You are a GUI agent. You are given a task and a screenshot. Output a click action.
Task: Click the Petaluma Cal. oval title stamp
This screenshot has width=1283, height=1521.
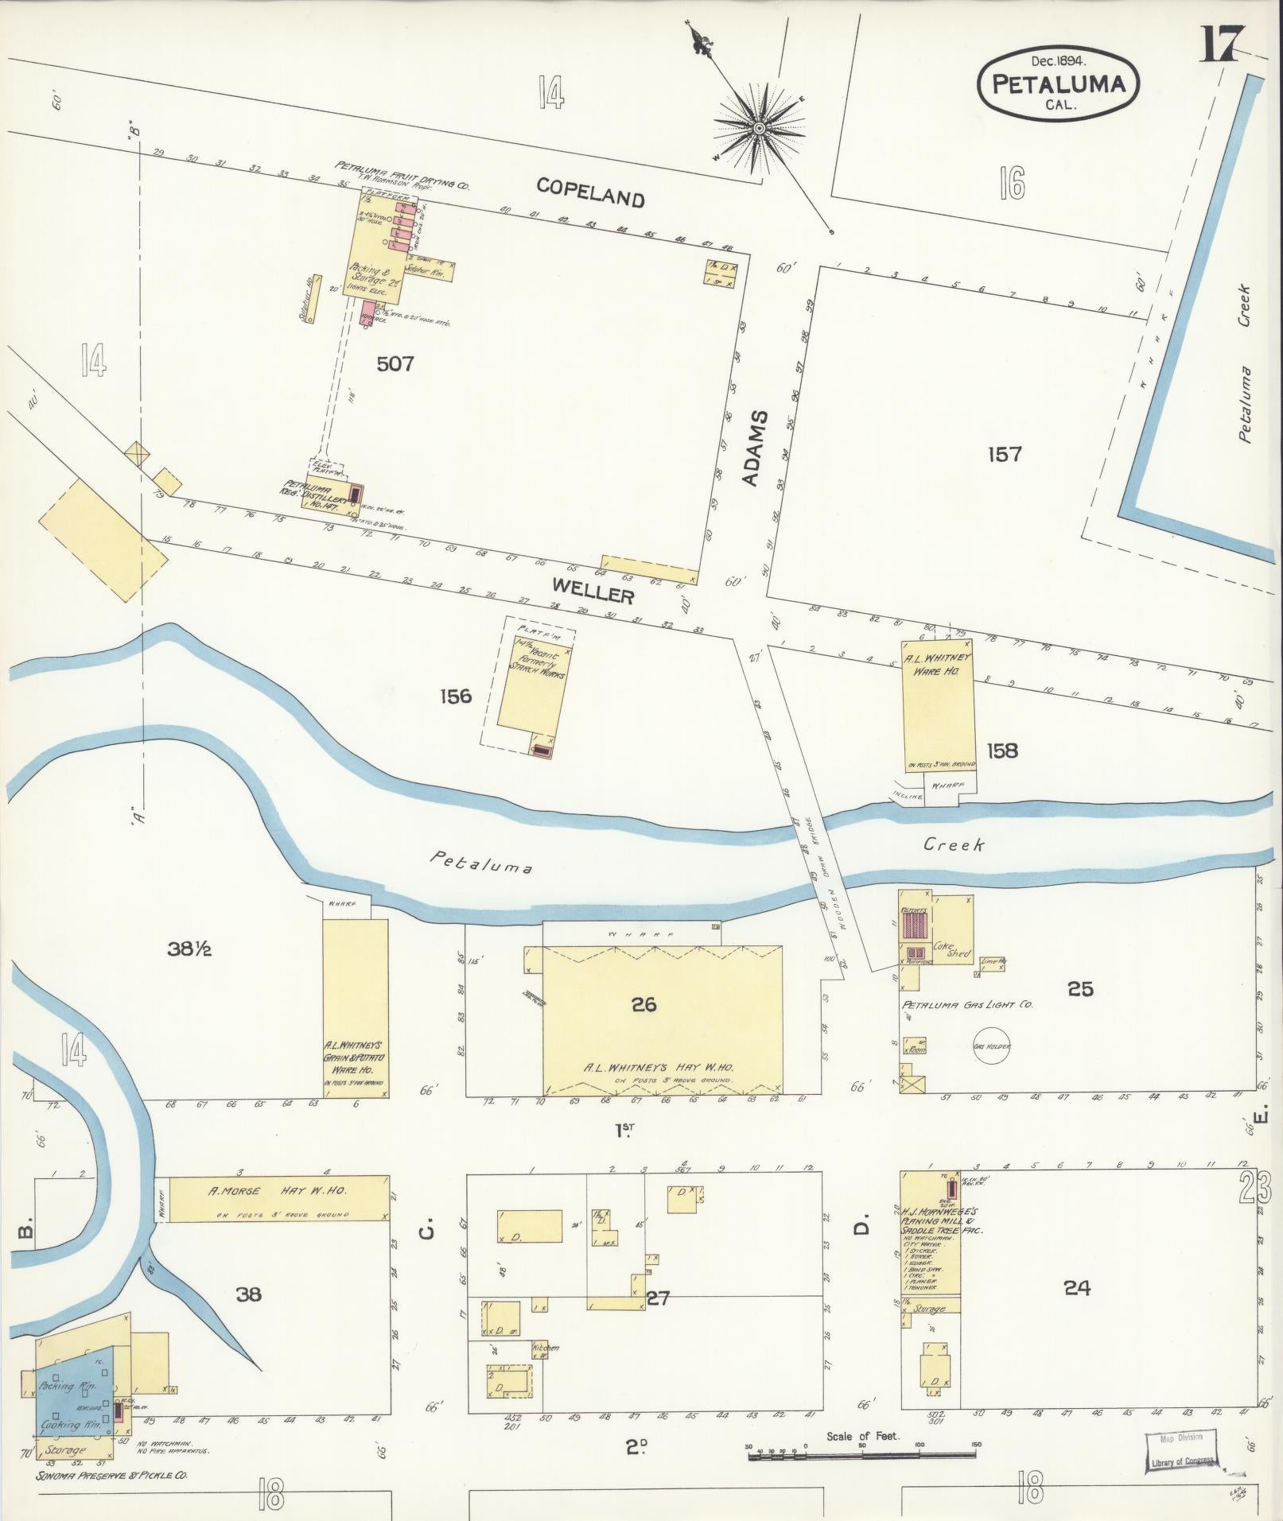pos(1058,83)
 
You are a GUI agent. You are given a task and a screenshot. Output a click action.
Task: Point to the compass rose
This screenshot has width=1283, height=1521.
pos(759,127)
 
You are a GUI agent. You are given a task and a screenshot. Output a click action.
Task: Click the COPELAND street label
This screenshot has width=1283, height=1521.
pos(589,192)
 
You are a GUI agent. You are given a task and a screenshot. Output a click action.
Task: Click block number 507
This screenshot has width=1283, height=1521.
pos(395,363)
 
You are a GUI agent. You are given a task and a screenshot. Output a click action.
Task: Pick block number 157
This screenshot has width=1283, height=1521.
pos(1004,454)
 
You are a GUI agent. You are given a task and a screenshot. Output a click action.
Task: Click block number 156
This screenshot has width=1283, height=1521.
pos(455,696)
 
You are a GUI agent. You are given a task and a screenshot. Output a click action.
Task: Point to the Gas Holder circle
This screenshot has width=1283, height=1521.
pos(991,1046)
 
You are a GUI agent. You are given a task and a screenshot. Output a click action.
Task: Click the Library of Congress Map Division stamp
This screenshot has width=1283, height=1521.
pos(1181,1453)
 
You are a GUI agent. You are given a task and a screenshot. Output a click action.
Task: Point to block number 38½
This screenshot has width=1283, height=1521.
pos(189,949)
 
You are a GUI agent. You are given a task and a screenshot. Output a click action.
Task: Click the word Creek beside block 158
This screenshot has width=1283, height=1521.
pos(953,844)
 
